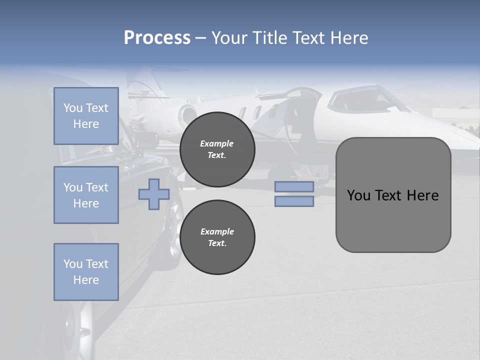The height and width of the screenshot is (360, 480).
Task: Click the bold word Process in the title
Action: click(x=157, y=38)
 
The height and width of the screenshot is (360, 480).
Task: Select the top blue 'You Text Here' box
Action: click(x=86, y=116)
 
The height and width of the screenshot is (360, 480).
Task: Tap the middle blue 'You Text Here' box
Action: click(x=86, y=195)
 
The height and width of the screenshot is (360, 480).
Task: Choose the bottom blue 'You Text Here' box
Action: click(x=86, y=272)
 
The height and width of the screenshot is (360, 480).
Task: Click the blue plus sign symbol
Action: click(x=153, y=194)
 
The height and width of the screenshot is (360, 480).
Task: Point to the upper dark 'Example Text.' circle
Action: click(x=217, y=149)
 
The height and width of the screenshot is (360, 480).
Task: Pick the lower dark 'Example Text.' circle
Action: click(x=217, y=237)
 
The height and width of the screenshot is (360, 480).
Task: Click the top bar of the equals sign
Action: click(x=294, y=186)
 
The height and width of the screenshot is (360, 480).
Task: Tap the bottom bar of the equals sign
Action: click(x=294, y=201)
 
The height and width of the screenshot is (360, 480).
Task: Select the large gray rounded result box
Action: click(x=393, y=195)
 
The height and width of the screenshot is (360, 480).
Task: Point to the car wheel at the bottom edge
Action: click(x=80, y=325)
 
